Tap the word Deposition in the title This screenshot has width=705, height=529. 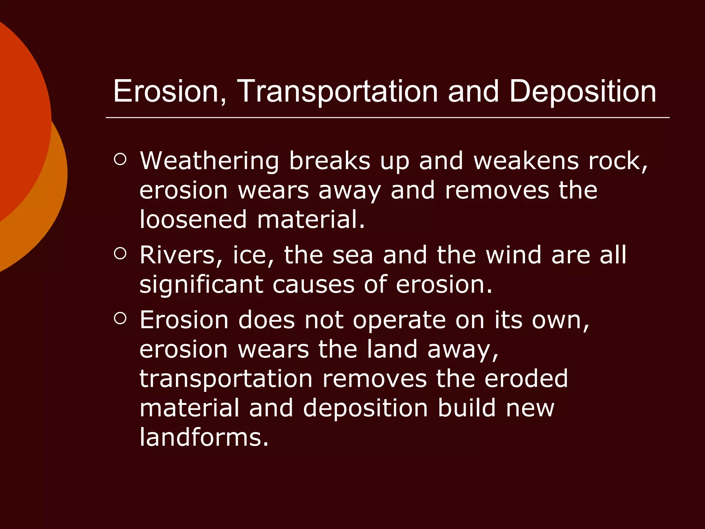(x=582, y=92)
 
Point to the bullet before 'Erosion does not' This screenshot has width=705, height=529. (x=120, y=318)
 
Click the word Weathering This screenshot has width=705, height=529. (x=209, y=161)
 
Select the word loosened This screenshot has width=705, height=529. (x=193, y=219)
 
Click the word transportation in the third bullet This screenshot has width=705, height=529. (x=226, y=379)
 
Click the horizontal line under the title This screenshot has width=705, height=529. (x=387, y=117)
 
